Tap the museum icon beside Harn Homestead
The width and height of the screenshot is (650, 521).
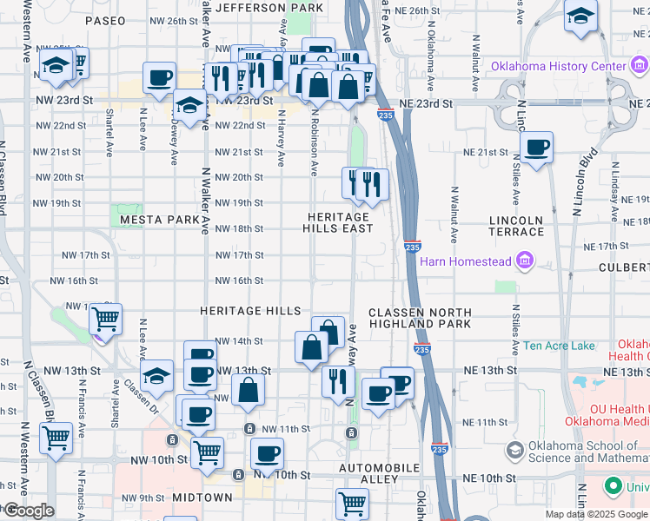point(524,260)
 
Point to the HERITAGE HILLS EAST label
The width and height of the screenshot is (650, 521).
point(337,222)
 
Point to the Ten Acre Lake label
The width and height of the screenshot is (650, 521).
point(559,346)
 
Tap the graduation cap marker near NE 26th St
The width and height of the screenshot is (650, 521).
point(580,16)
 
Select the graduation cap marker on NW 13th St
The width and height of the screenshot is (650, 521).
point(156,375)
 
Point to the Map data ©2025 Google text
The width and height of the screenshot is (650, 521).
point(596,514)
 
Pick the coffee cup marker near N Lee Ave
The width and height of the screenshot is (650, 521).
point(159,78)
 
